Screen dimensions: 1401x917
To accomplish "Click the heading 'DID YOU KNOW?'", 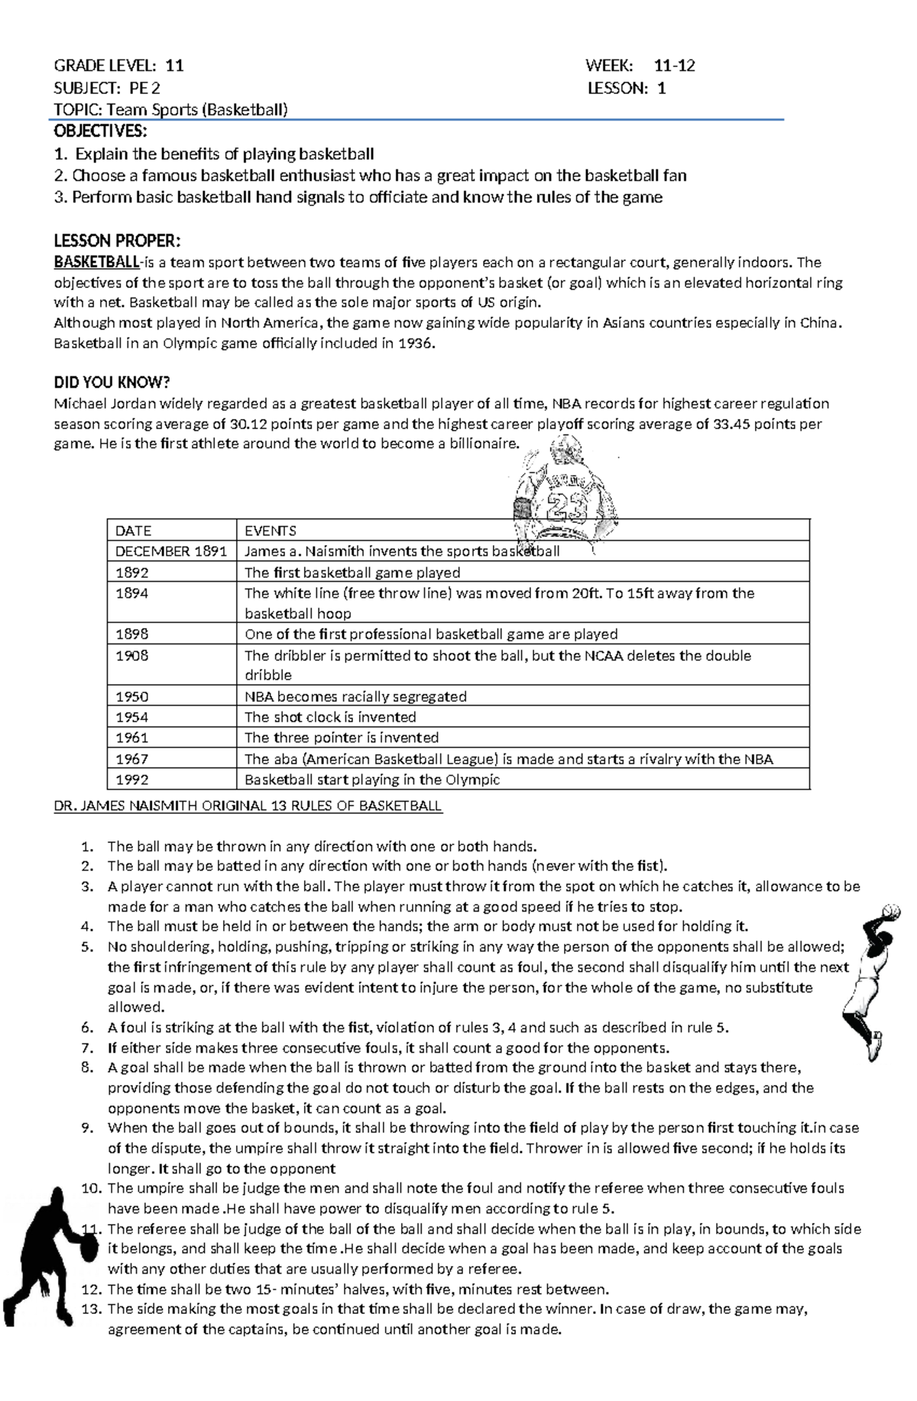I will click(112, 383).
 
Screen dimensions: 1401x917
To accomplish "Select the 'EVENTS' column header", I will click(271, 531).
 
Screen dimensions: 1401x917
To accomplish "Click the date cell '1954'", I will click(132, 717).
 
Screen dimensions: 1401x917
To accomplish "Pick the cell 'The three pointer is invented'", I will click(342, 738).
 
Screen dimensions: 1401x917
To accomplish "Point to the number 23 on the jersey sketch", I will click(566, 505).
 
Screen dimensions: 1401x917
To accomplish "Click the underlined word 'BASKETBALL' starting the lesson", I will click(96, 263).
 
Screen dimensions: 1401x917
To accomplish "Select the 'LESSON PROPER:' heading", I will click(117, 241).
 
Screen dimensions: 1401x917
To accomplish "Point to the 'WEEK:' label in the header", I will click(609, 66).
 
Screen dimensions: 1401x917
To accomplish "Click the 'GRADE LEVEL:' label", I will click(105, 66).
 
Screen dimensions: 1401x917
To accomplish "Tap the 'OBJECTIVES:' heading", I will click(99, 131).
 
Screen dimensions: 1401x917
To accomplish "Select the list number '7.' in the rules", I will click(88, 1048).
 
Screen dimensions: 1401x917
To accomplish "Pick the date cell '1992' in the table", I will click(132, 780).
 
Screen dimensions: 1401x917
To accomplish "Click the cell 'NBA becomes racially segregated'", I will click(355, 696).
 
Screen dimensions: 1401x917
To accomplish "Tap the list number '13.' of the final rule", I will click(91, 1308).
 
